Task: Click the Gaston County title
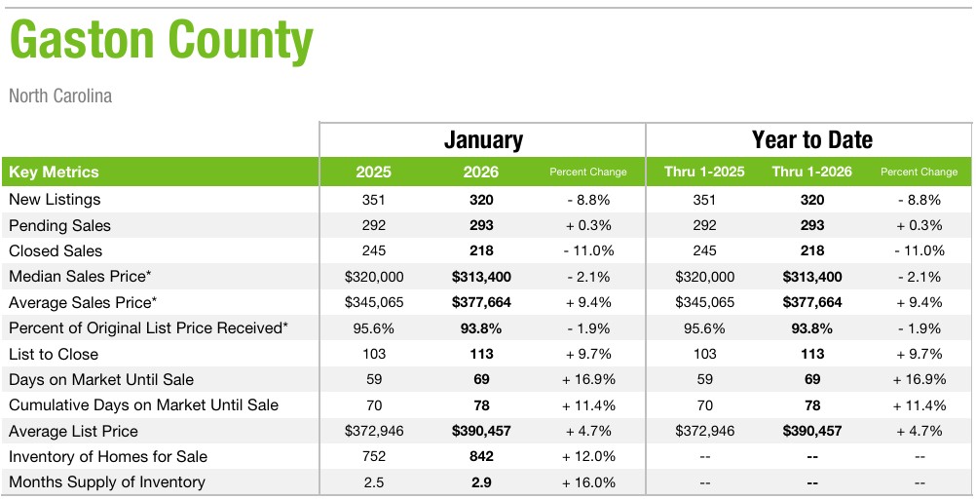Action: point(162,41)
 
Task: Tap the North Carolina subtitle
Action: point(60,96)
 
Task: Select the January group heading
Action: point(483,139)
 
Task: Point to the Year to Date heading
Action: point(811,139)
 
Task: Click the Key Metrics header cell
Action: point(54,172)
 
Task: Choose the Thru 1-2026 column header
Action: point(811,172)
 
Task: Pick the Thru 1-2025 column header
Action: point(704,172)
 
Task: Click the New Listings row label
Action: point(55,200)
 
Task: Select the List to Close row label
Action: point(54,354)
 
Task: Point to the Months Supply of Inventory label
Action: point(107,481)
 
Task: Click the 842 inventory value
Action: point(481,456)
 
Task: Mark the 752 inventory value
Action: point(373,456)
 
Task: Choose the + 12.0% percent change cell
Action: point(588,456)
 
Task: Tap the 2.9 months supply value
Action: point(481,481)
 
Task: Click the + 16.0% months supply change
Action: point(588,481)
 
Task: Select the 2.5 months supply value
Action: point(373,481)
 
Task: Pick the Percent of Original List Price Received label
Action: point(148,328)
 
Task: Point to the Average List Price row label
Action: point(73,431)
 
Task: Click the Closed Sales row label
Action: point(56,250)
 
